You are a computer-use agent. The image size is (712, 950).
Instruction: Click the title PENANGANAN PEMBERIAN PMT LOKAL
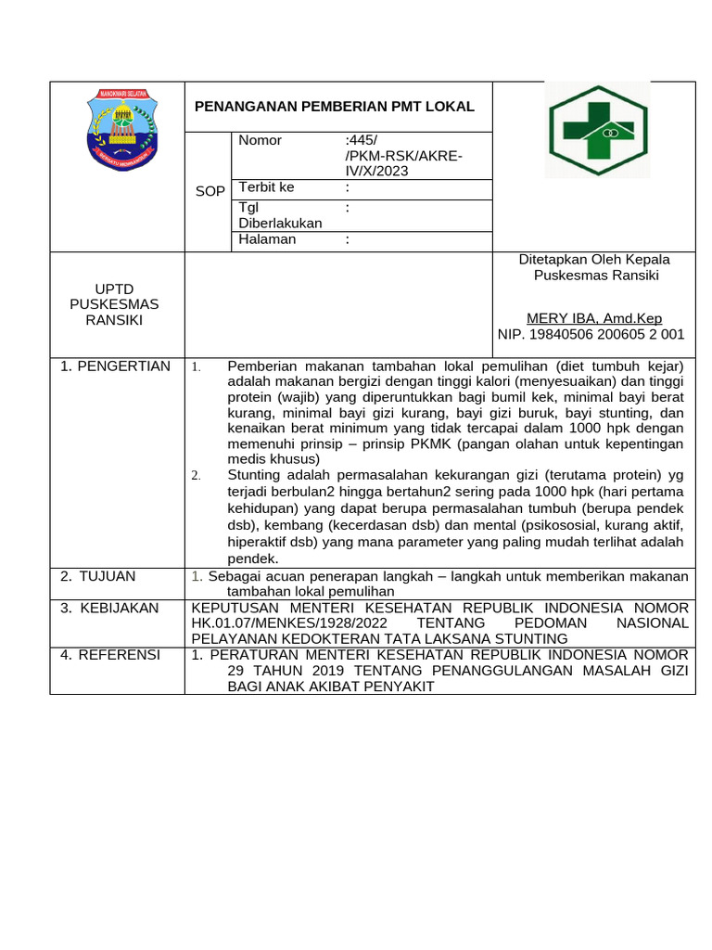(334, 107)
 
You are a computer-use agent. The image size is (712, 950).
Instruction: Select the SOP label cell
(210, 191)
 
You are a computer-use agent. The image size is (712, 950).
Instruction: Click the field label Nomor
(260, 140)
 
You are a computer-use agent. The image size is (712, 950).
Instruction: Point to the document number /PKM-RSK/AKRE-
(402, 156)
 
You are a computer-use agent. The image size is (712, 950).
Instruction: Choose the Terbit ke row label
(267, 187)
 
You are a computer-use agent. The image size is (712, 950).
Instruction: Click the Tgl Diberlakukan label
(280, 215)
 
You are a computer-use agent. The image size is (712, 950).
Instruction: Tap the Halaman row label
(267, 239)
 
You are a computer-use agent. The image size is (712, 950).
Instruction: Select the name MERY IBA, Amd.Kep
(593, 318)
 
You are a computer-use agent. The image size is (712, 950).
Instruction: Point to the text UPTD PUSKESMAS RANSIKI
(115, 304)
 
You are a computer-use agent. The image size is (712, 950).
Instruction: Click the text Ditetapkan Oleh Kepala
(593, 260)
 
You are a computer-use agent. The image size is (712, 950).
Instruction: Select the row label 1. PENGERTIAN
(115, 366)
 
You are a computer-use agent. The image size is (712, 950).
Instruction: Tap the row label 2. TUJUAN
(97, 576)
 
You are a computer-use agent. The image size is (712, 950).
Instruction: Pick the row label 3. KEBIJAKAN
(109, 608)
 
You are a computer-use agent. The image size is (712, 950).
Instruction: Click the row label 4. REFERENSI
(109, 655)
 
